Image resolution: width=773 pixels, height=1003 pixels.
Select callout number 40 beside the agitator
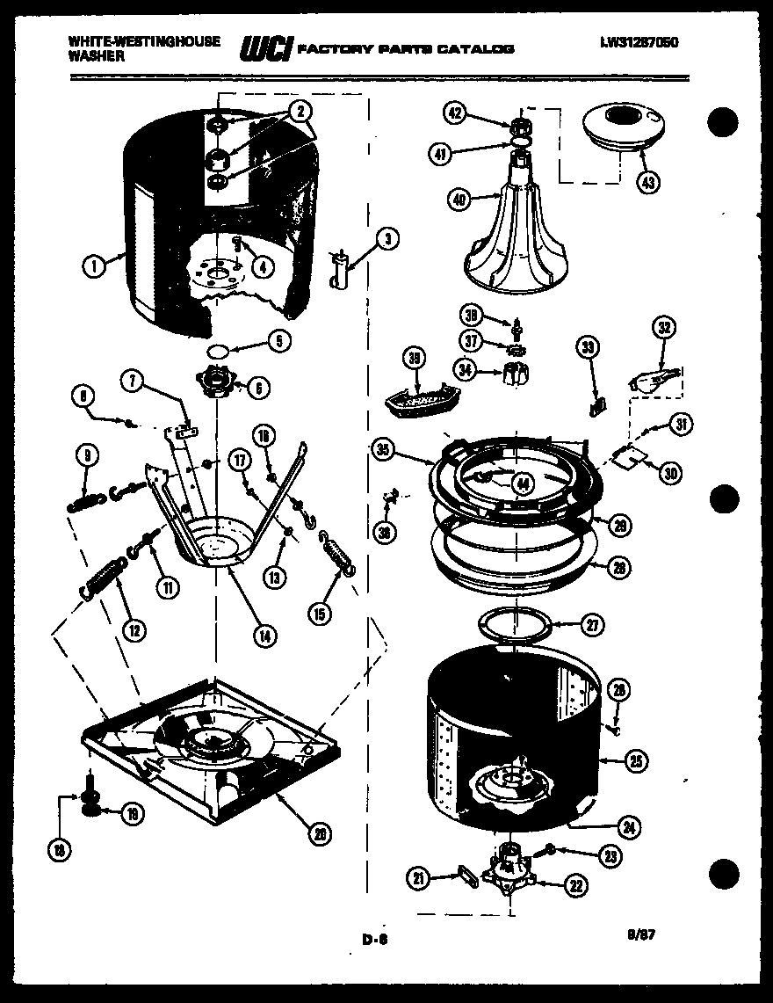click(459, 200)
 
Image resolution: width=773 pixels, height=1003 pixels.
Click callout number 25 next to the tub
click(636, 761)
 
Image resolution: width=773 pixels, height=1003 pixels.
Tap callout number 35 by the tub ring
click(382, 450)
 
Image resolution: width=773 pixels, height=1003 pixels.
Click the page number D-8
click(375, 939)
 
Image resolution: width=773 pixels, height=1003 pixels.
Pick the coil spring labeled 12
click(104, 579)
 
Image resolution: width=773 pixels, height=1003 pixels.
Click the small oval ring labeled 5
click(220, 351)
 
